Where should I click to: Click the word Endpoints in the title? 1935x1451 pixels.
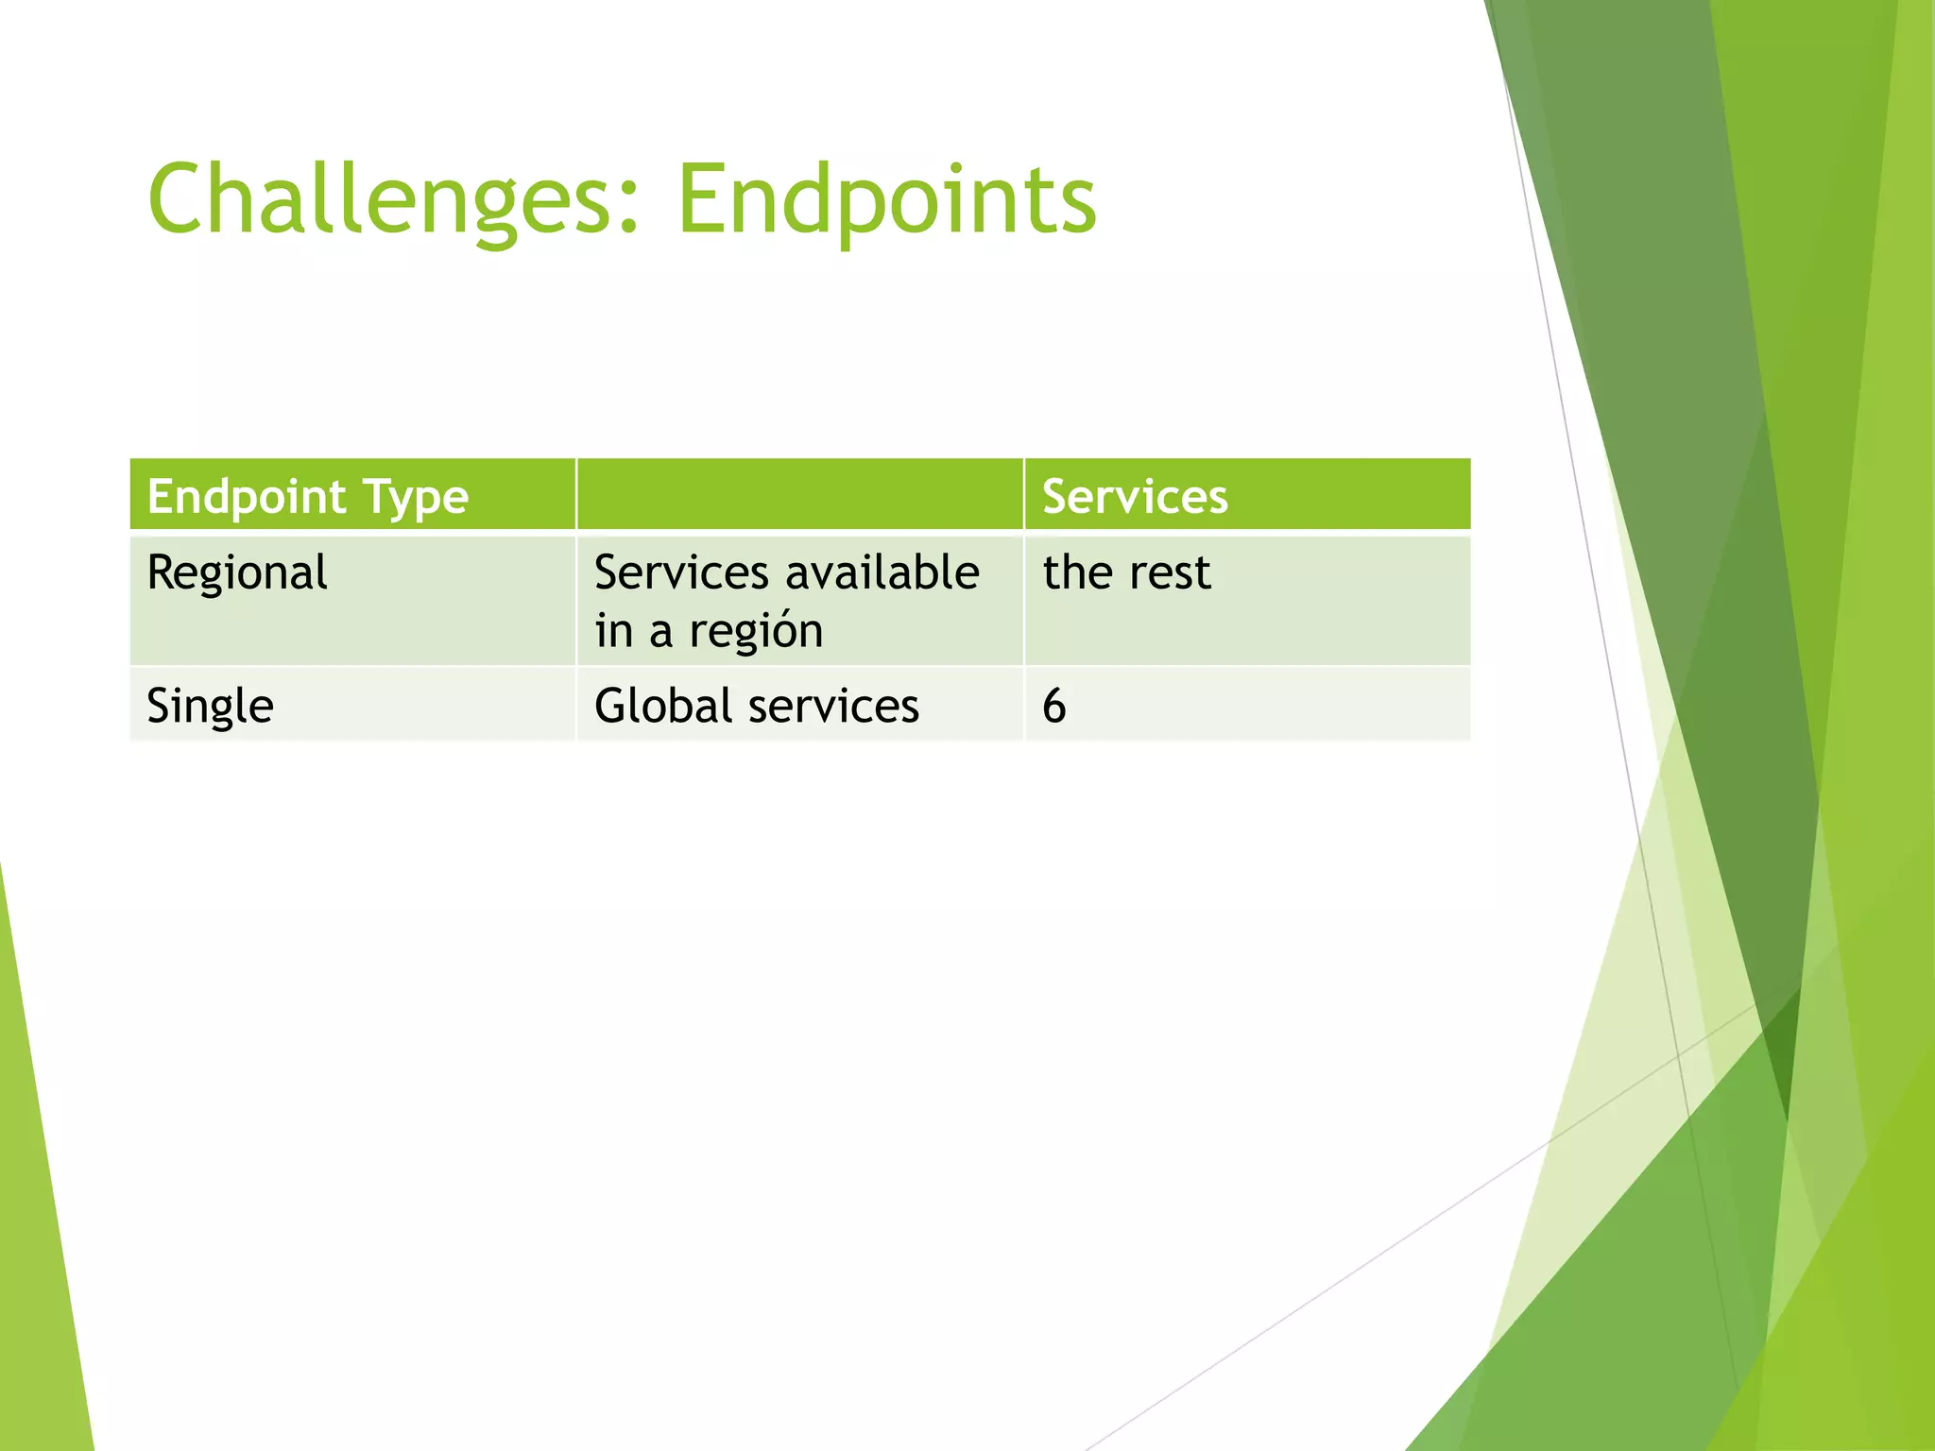click(886, 200)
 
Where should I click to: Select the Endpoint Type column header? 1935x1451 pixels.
click(307, 496)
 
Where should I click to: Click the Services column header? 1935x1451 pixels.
click(1134, 496)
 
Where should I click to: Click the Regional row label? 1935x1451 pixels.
click(237, 573)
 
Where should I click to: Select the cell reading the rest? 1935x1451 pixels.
click(1126, 572)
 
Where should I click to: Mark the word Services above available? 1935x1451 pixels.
click(681, 572)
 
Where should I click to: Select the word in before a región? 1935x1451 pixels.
click(613, 631)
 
